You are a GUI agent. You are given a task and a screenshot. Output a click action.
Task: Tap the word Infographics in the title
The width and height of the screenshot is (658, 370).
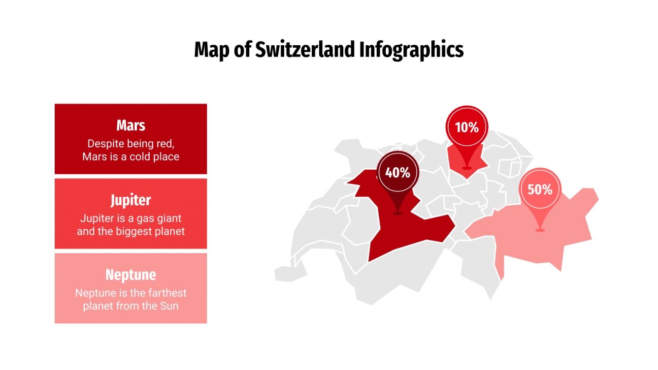tap(411, 50)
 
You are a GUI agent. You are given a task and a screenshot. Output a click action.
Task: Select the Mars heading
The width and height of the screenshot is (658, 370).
tap(131, 125)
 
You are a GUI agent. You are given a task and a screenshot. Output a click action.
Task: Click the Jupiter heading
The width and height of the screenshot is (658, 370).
tap(131, 200)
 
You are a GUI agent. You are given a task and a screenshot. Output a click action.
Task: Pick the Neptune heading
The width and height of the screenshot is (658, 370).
tap(131, 275)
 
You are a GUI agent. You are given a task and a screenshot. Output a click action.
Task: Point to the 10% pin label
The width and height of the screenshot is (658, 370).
tap(466, 127)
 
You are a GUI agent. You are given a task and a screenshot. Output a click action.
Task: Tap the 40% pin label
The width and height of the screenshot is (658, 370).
tap(397, 173)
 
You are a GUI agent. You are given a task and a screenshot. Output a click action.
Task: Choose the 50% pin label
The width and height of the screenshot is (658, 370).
tap(540, 189)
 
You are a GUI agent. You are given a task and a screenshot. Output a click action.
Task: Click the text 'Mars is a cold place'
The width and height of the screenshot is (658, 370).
tap(131, 157)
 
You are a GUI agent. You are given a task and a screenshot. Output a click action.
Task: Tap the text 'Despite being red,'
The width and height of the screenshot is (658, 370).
tap(131, 144)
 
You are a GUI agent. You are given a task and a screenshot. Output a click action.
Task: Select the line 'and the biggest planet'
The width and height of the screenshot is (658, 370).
tap(131, 231)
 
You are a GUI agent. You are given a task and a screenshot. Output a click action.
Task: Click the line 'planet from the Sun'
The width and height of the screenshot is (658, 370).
tap(131, 306)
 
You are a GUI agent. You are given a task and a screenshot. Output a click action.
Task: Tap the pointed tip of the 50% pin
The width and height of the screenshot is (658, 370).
tap(540, 229)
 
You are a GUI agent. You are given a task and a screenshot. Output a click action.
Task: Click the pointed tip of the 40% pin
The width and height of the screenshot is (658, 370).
tap(397, 213)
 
